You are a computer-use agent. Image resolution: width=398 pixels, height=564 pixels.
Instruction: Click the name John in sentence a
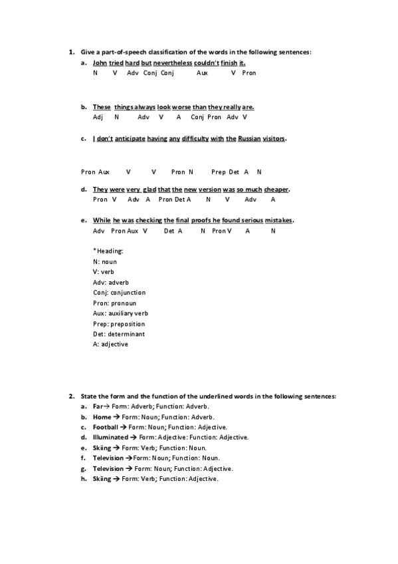click(100, 63)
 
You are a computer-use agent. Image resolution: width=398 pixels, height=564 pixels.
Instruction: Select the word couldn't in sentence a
click(206, 63)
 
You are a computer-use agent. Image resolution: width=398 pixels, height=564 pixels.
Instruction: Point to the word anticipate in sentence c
click(130, 139)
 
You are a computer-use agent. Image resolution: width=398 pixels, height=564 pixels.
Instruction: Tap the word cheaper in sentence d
click(276, 190)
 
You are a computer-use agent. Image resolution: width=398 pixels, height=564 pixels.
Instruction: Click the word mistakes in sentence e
click(278, 221)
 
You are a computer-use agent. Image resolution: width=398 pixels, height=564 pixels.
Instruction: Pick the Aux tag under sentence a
click(202, 73)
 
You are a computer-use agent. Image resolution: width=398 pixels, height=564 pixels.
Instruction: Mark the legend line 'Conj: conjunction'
click(120, 293)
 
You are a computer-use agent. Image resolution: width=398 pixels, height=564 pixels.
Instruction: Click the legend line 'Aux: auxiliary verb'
click(121, 313)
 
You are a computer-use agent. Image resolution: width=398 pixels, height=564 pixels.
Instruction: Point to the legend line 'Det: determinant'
click(119, 334)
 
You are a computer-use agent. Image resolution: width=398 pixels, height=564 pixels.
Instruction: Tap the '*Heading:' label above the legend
click(108, 251)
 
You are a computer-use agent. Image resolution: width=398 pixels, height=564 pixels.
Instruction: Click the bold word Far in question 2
click(97, 406)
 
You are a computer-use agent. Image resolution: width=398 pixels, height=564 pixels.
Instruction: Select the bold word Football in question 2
click(105, 427)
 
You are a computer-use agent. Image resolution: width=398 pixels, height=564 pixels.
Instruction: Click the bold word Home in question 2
click(102, 417)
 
